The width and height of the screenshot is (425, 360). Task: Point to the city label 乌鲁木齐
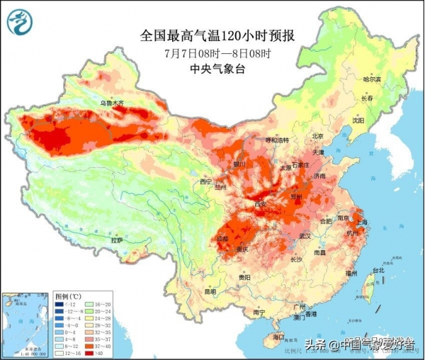pyautogui.click(x=111, y=103)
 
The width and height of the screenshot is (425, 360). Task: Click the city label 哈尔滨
pyautogui.click(x=373, y=80)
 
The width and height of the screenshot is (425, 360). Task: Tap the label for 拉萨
pyautogui.click(x=118, y=241)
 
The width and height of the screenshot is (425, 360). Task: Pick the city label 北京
pyautogui.click(x=318, y=136)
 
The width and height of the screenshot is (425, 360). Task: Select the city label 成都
pyautogui.click(x=222, y=238)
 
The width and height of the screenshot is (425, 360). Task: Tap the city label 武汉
pyautogui.click(x=306, y=235)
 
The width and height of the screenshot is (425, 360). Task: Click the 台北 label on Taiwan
pyautogui.click(x=378, y=270)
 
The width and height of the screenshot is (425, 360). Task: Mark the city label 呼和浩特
pyautogui.click(x=273, y=140)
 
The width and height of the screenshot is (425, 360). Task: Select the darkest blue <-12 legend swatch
pyautogui.click(x=59, y=303)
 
